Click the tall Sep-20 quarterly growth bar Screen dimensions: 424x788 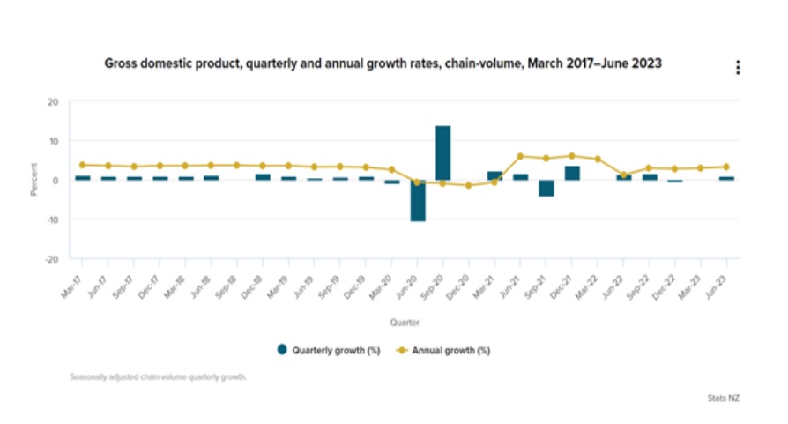tap(442, 152)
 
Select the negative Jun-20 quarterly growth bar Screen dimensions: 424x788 tap(417, 200)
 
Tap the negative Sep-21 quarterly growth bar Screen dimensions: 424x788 tap(546, 188)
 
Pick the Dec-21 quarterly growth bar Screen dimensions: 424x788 tap(572, 173)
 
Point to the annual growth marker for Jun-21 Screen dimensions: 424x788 tap(520, 156)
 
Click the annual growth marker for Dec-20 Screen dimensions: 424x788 tap(468, 185)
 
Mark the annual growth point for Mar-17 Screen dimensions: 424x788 tap(82, 165)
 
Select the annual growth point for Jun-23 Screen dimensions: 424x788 tap(726, 167)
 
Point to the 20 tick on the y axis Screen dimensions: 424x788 tap(53, 102)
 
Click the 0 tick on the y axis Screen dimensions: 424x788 tap(56, 180)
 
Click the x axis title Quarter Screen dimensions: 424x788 tap(405, 323)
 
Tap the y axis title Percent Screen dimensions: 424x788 tap(33, 180)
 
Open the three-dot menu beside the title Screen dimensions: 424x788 tap(738, 68)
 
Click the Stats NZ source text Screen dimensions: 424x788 tap(723, 398)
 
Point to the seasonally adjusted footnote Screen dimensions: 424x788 tap(158, 377)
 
